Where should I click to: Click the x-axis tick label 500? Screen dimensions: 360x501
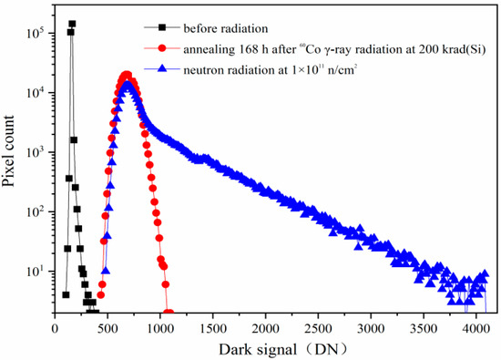(107, 326)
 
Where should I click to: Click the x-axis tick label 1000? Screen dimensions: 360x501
(160, 326)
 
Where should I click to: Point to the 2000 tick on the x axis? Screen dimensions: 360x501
(266, 326)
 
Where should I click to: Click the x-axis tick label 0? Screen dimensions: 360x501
(56, 326)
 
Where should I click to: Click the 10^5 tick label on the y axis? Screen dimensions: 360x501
(36, 34)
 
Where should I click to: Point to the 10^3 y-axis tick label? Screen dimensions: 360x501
(36, 152)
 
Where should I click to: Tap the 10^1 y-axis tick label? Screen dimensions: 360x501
(36, 271)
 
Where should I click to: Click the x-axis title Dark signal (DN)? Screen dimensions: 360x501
(271, 348)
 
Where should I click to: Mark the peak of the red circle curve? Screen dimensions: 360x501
(127, 76)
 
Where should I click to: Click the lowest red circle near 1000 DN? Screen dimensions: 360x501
(168, 309)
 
